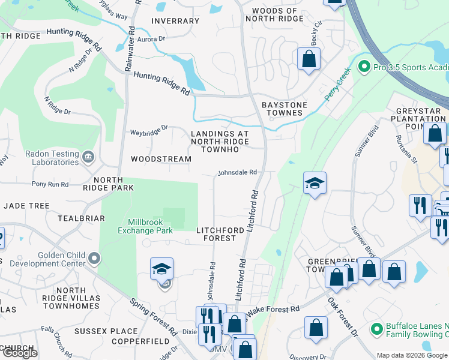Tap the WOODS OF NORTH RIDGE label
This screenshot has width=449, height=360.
pos(274,15)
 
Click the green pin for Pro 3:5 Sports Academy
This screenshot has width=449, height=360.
pos(363,66)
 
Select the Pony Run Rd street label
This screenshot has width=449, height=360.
pos(50,184)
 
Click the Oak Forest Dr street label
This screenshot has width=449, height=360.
pos(343,317)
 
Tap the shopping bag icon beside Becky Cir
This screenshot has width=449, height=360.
pos(309,59)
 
